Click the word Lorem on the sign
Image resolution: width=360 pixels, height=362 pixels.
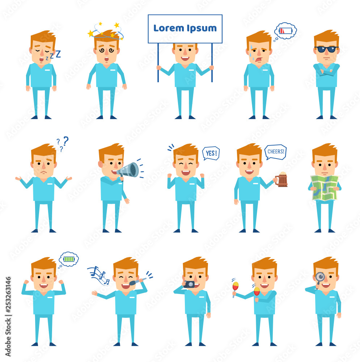[168, 28]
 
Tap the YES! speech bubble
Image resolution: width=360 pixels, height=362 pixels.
[211, 153]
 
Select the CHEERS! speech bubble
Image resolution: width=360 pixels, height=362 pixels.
[276, 152]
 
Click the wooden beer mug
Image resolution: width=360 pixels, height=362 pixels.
[281, 180]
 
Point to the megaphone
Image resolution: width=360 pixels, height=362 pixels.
[128, 171]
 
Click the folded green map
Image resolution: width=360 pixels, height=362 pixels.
[324, 188]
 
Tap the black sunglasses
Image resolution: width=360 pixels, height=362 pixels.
[326, 49]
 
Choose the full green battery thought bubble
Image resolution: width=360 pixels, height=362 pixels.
[68, 259]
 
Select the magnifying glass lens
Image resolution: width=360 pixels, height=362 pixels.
[320, 276]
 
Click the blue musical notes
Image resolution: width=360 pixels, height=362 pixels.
[98, 275]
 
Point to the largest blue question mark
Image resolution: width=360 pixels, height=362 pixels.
[66, 140]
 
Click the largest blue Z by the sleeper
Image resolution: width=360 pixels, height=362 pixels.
[58, 54]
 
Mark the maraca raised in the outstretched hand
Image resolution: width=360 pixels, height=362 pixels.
[236, 287]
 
